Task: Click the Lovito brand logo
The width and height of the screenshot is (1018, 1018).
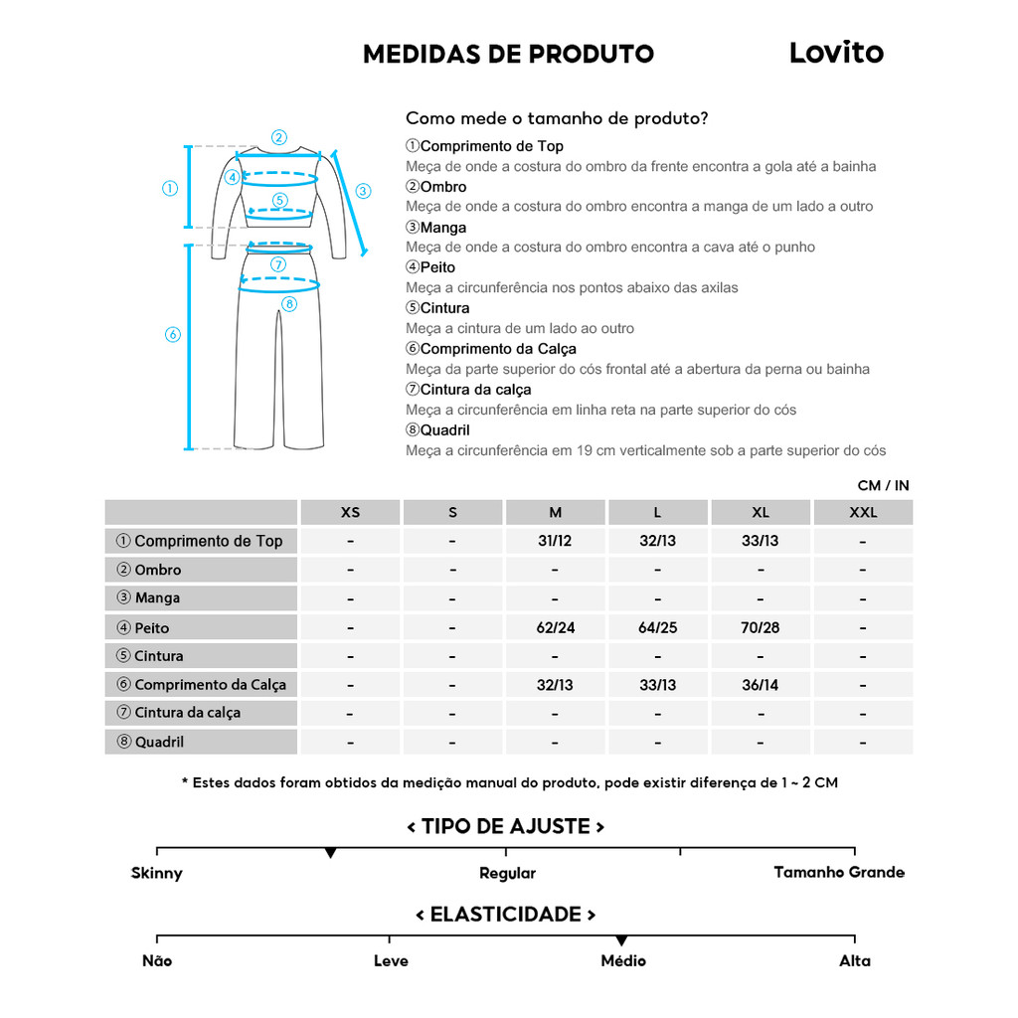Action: pos(836,53)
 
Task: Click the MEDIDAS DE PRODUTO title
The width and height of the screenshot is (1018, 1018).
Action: pos(508,54)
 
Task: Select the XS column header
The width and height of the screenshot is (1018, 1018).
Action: pos(350,513)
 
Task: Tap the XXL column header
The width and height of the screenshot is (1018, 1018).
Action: pos(862,513)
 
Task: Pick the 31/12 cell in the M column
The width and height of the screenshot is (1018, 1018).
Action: pos(555,542)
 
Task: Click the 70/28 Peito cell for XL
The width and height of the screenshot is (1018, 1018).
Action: pos(761,628)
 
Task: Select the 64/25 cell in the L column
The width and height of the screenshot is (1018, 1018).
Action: pos(657,628)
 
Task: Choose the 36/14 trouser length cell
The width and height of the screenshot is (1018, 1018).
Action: pos(761,685)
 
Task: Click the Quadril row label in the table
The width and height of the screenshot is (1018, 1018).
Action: pos(159,742)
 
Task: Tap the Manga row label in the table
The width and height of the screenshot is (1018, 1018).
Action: pos(157,598)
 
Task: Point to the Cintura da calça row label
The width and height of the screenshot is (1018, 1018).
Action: pos(187,713)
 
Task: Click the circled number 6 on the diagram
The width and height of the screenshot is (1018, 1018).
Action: pos(172,335)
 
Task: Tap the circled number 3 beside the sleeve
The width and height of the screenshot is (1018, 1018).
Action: pos(363,191)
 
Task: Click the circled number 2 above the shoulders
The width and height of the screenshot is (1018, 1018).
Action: pos(279,138)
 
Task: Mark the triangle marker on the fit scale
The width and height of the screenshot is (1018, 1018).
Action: pos(330,853)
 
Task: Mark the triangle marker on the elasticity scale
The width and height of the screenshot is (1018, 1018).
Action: pos(621,940)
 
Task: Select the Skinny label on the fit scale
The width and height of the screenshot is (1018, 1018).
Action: pos(157,874)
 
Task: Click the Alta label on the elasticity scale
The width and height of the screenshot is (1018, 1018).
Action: pos(854,961)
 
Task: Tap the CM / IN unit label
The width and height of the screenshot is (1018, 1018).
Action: pos(883,486)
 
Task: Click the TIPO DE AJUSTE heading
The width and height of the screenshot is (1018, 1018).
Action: pos(506,827)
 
